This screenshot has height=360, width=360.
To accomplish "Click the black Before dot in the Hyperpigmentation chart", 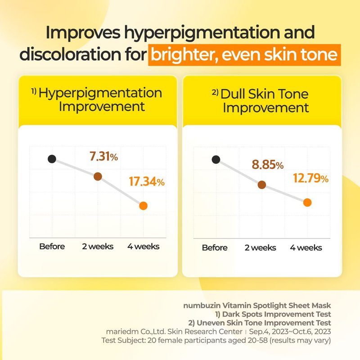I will point(52,159).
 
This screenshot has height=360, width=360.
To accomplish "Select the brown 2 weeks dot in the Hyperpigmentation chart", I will point(98,176).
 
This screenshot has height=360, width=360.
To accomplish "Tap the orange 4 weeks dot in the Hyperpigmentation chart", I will point(143,206).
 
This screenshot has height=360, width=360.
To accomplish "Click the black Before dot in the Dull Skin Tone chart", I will point(216,159).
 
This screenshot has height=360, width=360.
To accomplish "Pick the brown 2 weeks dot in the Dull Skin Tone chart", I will point(261,184).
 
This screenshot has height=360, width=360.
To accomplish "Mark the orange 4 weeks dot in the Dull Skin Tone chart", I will point(307,202).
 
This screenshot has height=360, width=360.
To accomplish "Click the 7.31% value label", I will point(103,157).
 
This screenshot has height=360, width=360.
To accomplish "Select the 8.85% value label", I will point(268,165).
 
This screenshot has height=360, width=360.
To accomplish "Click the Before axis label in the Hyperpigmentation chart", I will point(52,247).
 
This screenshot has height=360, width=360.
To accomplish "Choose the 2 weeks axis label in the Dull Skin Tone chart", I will point(261,247).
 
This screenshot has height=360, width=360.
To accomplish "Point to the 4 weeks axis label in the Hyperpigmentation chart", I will point(143,247).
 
